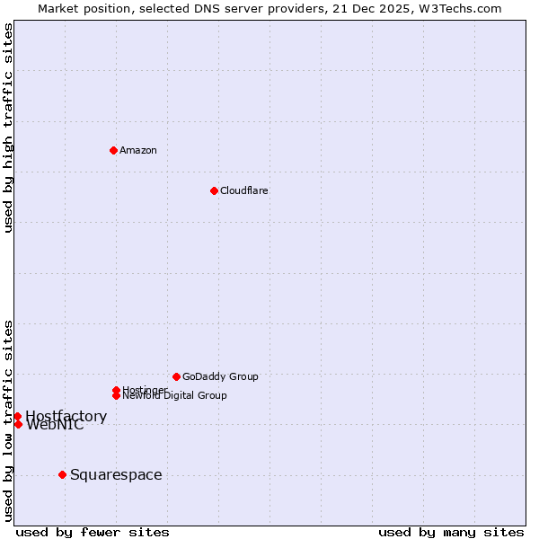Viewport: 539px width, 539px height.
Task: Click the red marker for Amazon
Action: [x=113, y=150]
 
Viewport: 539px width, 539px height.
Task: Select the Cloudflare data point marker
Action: [x=214, y=190]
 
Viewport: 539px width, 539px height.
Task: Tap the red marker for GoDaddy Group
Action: [x=176, y=376]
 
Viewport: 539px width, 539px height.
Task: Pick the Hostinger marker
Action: [x=116, y=390]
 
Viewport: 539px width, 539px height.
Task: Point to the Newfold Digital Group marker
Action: [x=116, y=395]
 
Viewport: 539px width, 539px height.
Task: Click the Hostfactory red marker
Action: [x=17, y=416]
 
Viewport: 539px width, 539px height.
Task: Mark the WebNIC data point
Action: [x=18, y=424]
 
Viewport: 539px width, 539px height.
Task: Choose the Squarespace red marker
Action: [x=62, y=474]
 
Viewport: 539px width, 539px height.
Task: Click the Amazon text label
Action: [x=138, y=150]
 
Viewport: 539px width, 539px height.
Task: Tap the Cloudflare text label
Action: [x=244, y=190]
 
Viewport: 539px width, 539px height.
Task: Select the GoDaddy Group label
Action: [x=220, y=376]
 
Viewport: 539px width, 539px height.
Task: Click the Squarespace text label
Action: [x=116, y=474]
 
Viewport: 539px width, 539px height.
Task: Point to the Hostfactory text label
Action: [x=66, y=416]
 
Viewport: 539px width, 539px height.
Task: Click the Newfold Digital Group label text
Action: [x=175, y=396]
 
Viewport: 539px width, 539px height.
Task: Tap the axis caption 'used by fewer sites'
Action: [x=93, y=532]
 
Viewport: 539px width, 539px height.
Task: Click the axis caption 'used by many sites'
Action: [x=451, y=532]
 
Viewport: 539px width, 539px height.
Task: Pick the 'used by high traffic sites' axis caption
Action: [x=9, y=128]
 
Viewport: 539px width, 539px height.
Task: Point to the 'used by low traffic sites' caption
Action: [x=9, y=420]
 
